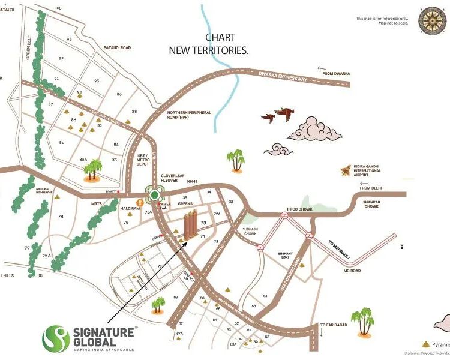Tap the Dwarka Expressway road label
tap(283, 77)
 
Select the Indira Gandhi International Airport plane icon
tap(344, 171)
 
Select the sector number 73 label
tap(203, 223)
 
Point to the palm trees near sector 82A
tap(93, 170)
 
